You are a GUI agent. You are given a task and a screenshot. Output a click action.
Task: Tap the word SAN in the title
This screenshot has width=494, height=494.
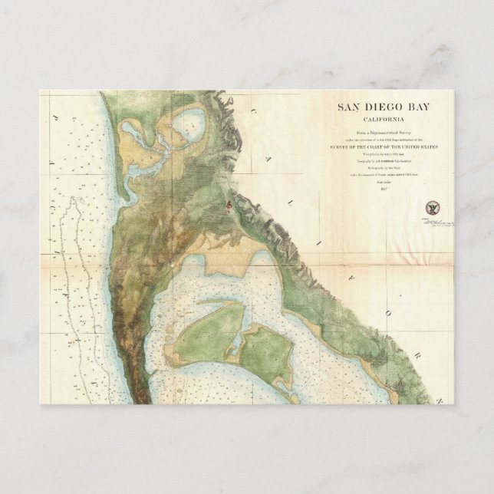click(x=351, y=108)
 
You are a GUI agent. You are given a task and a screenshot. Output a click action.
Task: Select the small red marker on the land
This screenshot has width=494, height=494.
click(x=227, y=203)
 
